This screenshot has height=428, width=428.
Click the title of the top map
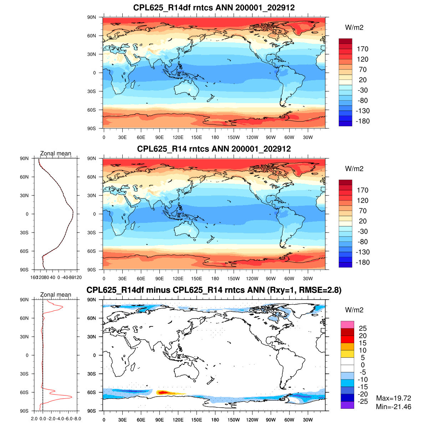pos(214,7)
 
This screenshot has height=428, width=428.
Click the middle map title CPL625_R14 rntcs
pos(214,149)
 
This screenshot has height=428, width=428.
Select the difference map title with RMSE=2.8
pos(214,290)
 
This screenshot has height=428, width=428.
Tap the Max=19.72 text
pos(393,398)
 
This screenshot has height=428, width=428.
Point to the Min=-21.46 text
pos(393,407)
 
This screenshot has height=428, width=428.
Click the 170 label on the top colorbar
pos(362,49)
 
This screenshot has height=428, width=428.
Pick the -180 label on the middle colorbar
pos(362,263)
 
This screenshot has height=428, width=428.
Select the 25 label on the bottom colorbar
pos(362,328)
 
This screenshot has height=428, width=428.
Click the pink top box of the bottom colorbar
pos(347,325)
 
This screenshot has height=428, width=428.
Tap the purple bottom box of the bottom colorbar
pos(347,405)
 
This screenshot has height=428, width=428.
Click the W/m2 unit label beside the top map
pos(354,28)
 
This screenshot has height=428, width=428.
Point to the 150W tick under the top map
pos(234,137)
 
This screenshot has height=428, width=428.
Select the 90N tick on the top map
pos(92,17)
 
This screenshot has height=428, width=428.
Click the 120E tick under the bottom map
pos(178,420)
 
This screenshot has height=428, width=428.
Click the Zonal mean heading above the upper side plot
pos(56,154)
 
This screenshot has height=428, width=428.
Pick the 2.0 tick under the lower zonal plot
pos(34,419)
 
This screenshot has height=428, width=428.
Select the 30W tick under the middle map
pos(308,279)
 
